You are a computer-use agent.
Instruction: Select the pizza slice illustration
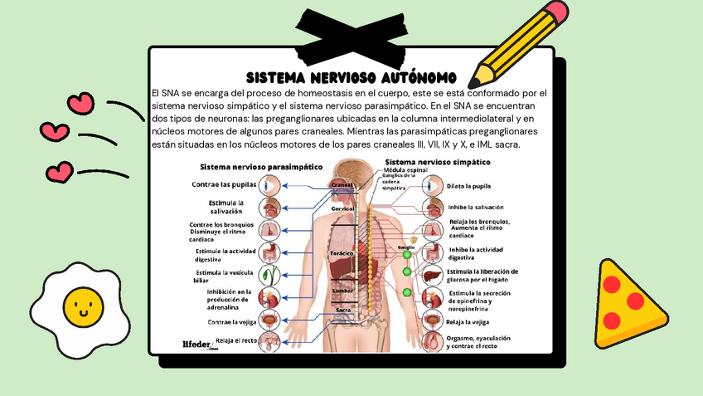[x=627, y=297]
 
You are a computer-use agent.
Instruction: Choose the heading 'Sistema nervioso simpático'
[x=438, y=162]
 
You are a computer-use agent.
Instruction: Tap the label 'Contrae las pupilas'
[x=224, y=184]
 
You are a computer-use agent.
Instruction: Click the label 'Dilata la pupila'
[x=469, y=186]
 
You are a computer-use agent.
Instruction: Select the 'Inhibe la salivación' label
[x=475, y=207]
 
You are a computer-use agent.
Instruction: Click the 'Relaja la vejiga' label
[x=468, y=320]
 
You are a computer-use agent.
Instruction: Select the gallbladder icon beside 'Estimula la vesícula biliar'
[x=269, y=275]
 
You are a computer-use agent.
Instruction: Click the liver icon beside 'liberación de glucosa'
[x=433, y=275]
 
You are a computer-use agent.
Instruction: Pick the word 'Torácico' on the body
[x=342, y=252]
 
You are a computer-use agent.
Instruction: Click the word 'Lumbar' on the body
[x=342, y=291]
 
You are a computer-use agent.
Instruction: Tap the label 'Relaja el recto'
[x=235, y=340]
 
